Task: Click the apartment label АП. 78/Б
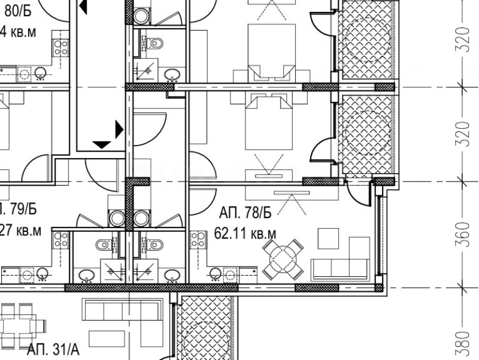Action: (245, 213)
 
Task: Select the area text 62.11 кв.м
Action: (245, 232)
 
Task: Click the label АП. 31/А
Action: (53, 349)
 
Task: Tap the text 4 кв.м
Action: (18, 31)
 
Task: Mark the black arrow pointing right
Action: (119, 129)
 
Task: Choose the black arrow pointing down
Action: (102, 144)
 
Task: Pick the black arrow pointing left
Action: (83, 7)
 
